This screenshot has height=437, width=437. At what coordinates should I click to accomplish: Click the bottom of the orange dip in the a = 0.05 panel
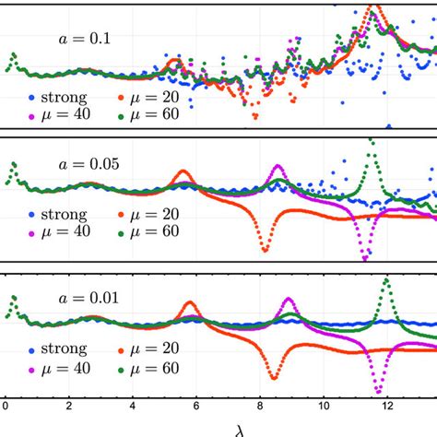[265, 249]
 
